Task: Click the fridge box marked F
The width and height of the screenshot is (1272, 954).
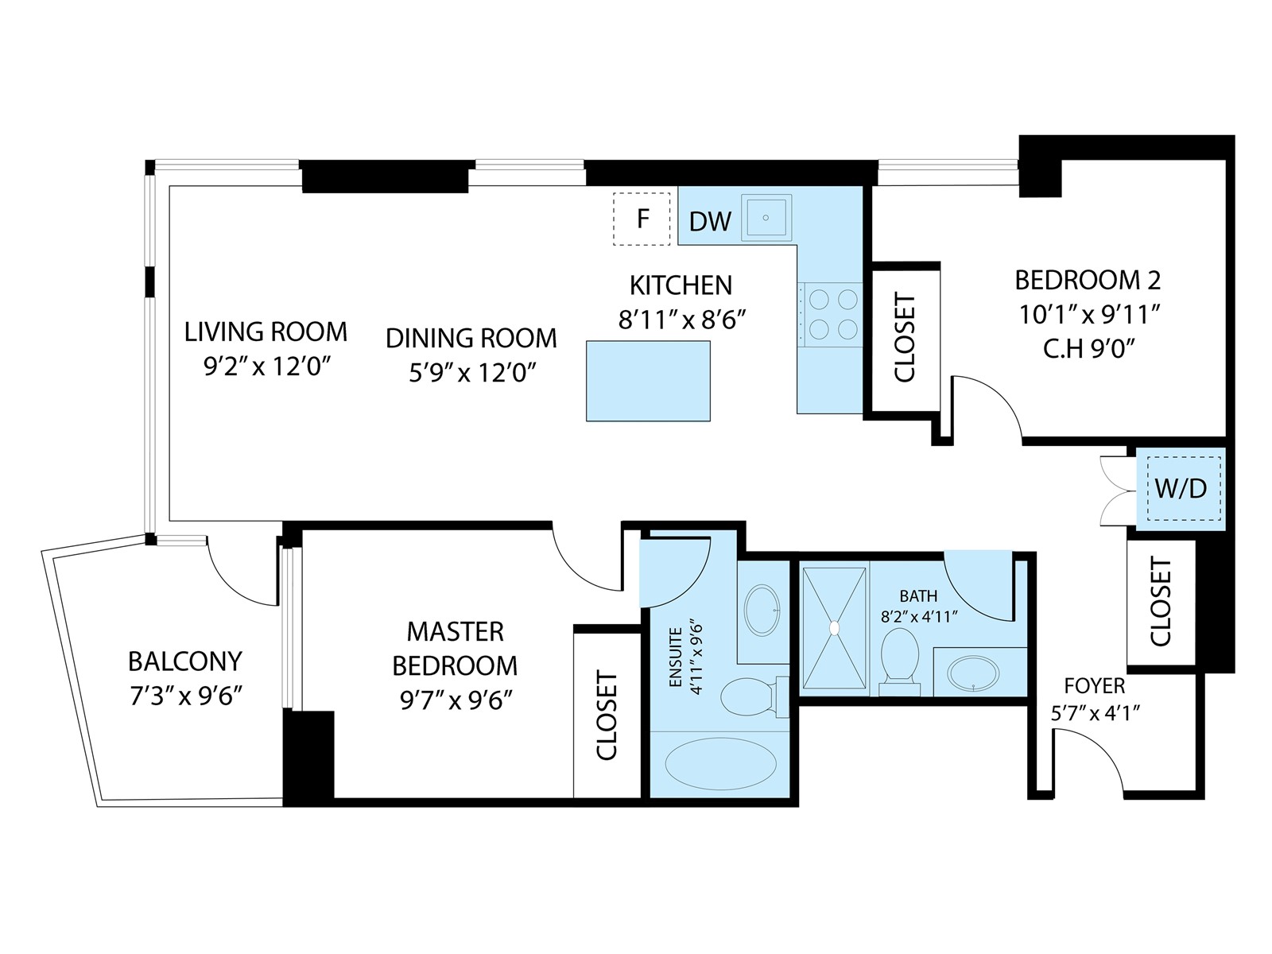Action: pos(642,219)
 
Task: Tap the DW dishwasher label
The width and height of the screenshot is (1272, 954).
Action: pos(710,221)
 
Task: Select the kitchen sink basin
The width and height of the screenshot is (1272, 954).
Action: pos(766,218)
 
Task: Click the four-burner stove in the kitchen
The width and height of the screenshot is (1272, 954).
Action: pos(830,315)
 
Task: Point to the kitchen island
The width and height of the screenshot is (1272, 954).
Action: pos(648,381)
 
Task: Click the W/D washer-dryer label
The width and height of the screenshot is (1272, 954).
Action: pos(1181,488)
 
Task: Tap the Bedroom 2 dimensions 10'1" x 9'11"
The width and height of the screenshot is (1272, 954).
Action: pos(1089,315)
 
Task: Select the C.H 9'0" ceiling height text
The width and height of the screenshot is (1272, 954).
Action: pos(1088,349)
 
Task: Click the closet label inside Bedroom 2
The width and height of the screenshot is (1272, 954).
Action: pos(904,338)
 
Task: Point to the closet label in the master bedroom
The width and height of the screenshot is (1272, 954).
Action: pos(606,715)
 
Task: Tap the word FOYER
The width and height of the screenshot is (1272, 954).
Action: pos(1094,686)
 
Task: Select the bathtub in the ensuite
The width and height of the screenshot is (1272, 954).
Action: pos(720,763)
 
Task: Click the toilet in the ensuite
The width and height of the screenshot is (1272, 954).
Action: pos(754,697)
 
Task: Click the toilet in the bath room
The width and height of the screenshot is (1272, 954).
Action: pos(899,661)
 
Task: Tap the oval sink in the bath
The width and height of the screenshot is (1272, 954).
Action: pos(973,673)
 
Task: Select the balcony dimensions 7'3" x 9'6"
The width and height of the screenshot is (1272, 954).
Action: pos(185,696)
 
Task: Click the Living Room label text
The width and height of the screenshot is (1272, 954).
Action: pos(266,332)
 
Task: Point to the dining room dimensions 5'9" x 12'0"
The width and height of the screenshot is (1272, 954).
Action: pos(471,372)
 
